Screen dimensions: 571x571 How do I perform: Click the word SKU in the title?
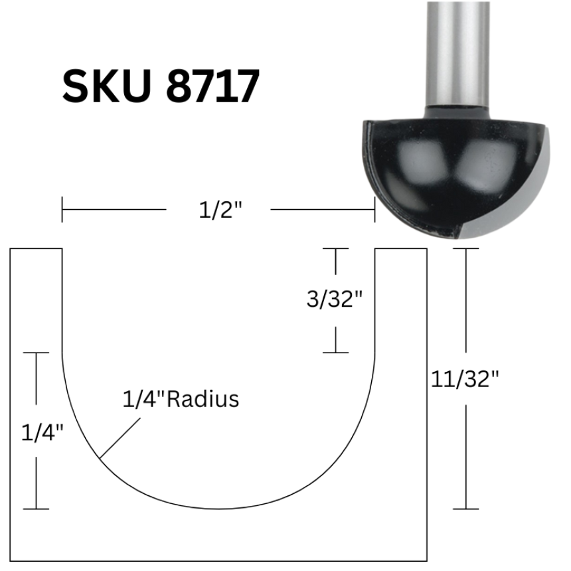click(106, 86)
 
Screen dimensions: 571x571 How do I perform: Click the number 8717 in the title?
click(212, 86)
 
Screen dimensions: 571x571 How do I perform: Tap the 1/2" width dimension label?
click(220, 210)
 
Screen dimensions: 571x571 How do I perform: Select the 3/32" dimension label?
click(334, 299)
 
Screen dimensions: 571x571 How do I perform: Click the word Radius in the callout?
click(203, 399)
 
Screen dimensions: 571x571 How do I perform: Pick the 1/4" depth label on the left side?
click(42, 433)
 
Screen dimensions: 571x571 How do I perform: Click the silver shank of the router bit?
click(457, 54)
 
